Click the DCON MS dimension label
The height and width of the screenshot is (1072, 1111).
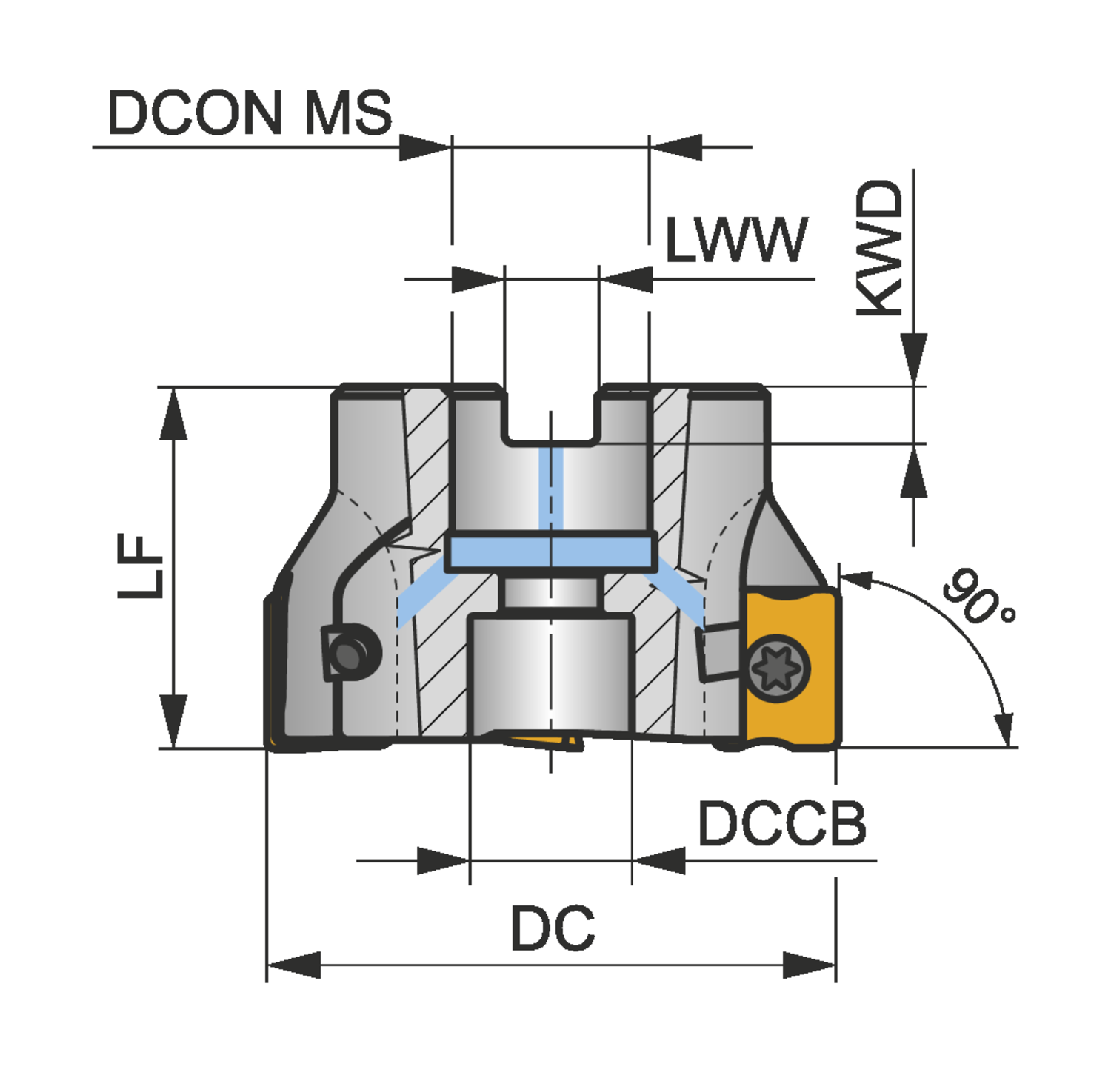point(250,113)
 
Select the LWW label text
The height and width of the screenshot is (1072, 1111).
point(735,241)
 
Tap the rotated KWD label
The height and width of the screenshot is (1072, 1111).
point(880,249)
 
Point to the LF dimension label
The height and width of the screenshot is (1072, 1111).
point(141,566)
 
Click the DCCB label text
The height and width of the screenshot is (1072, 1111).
point(781,824)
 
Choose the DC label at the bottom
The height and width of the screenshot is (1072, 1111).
point(553,928)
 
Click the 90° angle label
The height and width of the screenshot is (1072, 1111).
point(978,597)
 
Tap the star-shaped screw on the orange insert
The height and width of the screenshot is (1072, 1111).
point(775,668)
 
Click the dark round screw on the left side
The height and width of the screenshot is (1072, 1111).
point(348,653)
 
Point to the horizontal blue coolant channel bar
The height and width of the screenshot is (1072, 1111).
point(551,552)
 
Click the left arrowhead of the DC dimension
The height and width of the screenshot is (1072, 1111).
point(293,965)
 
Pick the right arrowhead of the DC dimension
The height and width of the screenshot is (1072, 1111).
point(810,965)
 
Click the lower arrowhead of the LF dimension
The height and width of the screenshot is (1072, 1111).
point(173,722)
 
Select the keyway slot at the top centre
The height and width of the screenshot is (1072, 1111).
point(551,415)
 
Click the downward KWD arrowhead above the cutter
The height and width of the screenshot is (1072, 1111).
point(914,358)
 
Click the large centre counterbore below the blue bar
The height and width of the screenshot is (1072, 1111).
point(551,674)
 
